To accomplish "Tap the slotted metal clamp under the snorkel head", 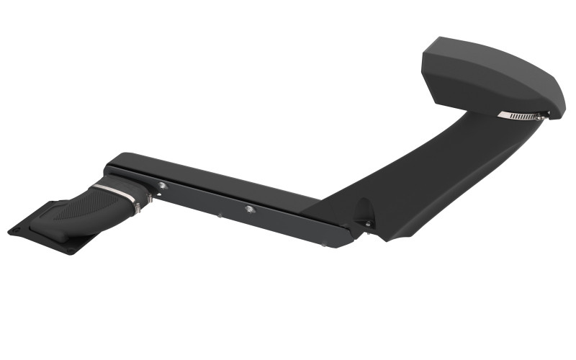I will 520,115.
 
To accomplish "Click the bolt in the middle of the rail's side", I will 249,209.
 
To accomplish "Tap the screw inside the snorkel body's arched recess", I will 367,224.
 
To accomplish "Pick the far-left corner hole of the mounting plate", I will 13,230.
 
